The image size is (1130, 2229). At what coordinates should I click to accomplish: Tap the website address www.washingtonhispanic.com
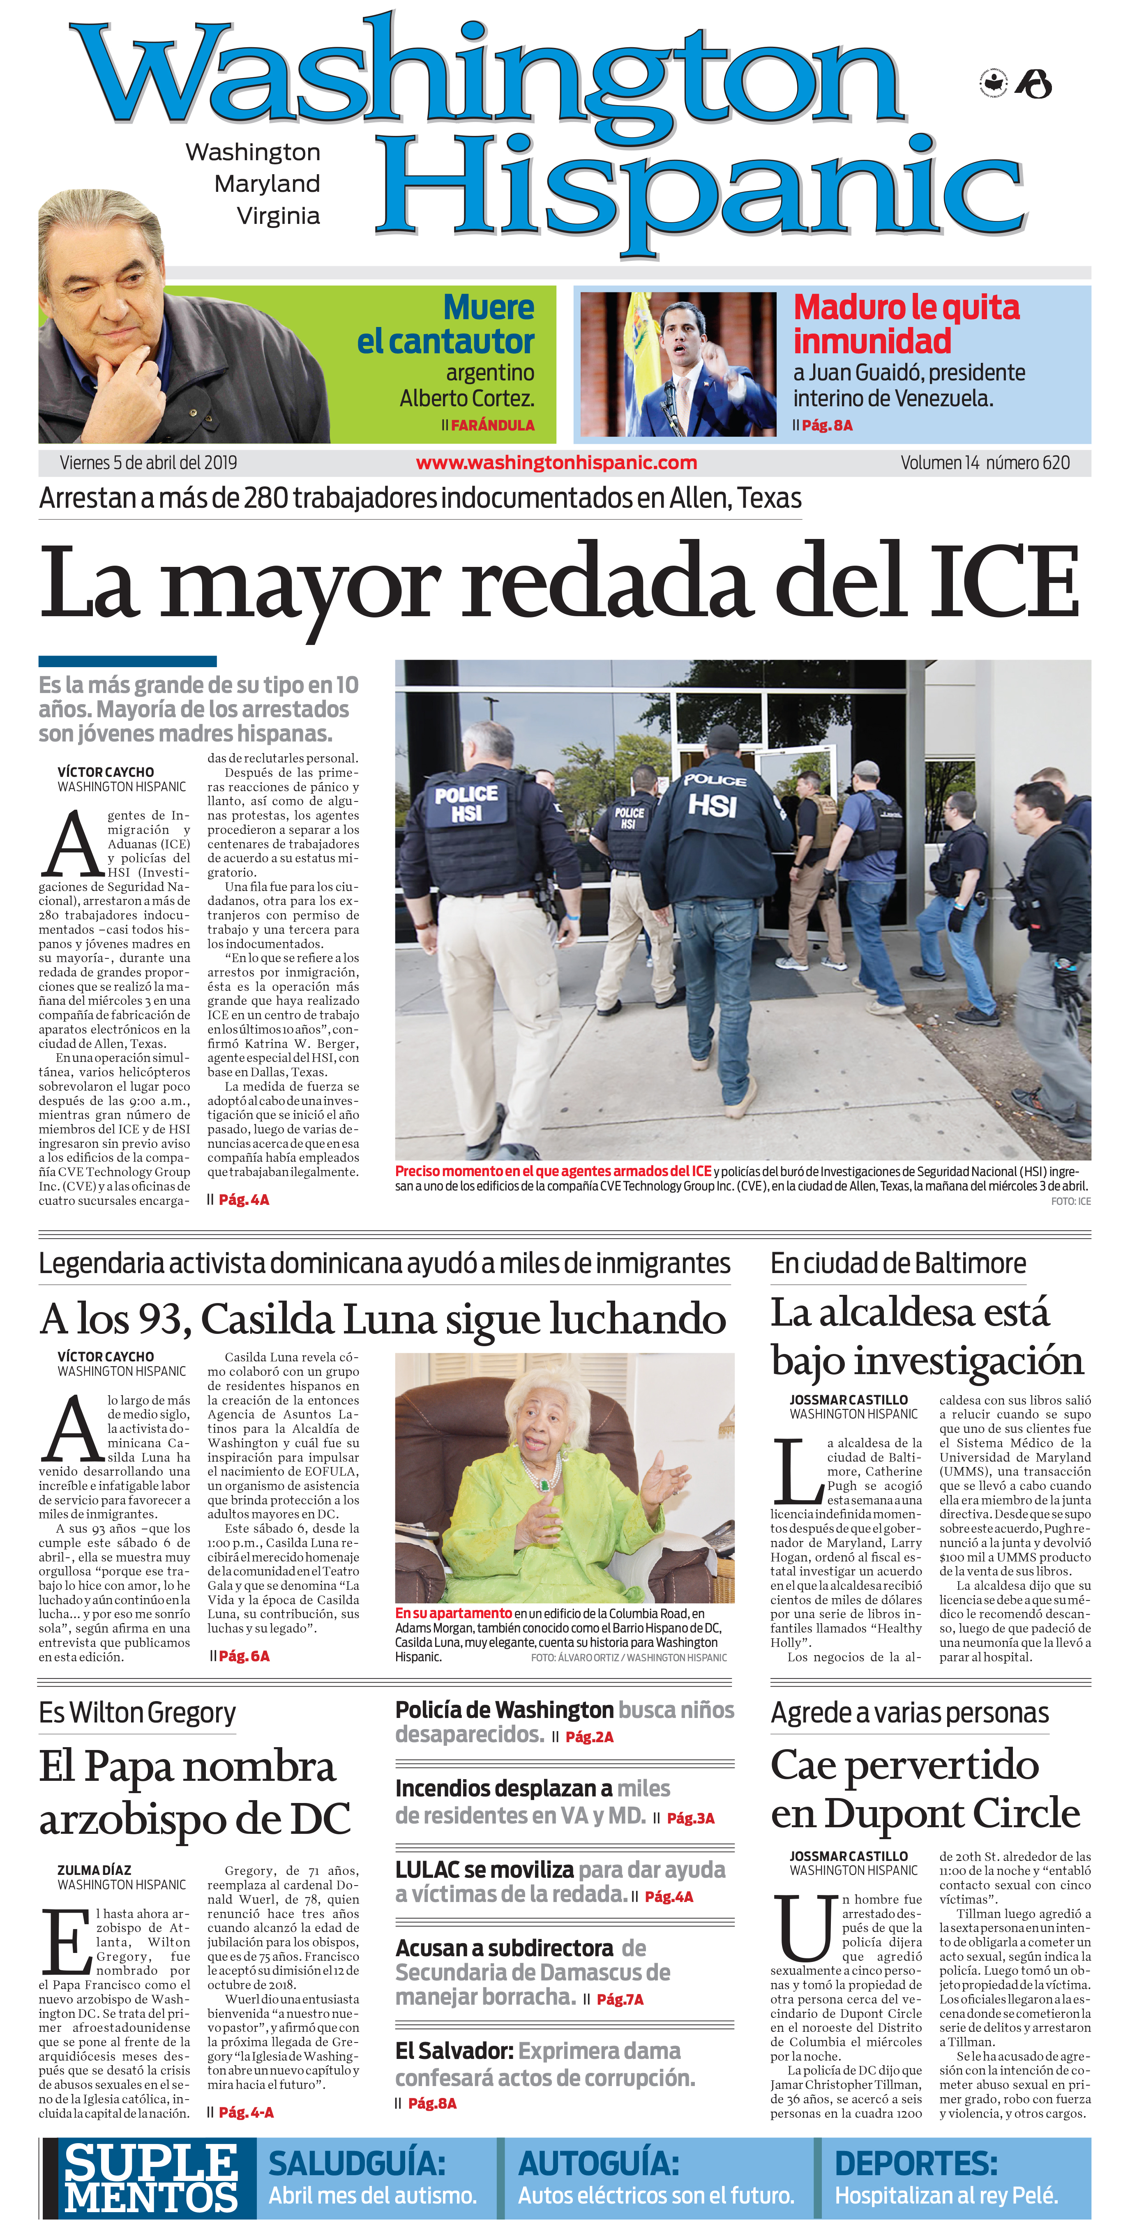556,463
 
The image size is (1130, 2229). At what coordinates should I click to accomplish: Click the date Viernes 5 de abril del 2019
148,463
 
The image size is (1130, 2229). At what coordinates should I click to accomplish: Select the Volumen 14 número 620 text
985,463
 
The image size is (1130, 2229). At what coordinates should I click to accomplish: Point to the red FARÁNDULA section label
492,425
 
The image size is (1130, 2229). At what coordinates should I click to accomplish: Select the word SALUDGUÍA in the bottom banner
357,2163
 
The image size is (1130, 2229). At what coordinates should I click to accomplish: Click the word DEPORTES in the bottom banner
916,2163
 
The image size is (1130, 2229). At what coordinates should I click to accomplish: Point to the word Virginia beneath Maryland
279,215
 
